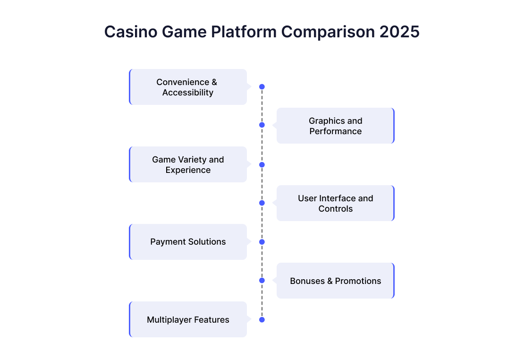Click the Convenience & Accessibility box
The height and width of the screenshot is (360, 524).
pos(188,87)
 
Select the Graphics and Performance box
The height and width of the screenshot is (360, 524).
pos(336,126)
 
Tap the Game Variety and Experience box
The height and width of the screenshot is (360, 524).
pos(188,164)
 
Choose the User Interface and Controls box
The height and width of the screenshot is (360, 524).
pos(336,203)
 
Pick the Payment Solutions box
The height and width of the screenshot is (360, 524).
pos(188,242)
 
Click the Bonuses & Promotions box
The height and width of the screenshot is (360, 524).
pos(336,281)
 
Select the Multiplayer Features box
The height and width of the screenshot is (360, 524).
pos(188,319)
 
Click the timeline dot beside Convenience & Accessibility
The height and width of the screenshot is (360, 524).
pos(262,87)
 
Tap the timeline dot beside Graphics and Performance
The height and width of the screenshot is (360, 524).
pos(262,125)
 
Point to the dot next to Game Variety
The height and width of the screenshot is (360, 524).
pos(262,164)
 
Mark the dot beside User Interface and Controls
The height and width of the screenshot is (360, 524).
pos(262,203)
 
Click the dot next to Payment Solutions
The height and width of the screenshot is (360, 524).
pos(262,242)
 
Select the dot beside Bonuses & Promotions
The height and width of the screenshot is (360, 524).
pos(262,281)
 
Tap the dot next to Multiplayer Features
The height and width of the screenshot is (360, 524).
pos(262,320)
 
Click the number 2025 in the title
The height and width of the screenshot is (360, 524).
pos(399,32)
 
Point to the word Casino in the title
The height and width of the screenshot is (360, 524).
pos(131,32)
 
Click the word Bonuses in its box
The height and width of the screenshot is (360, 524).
pos(307,281)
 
